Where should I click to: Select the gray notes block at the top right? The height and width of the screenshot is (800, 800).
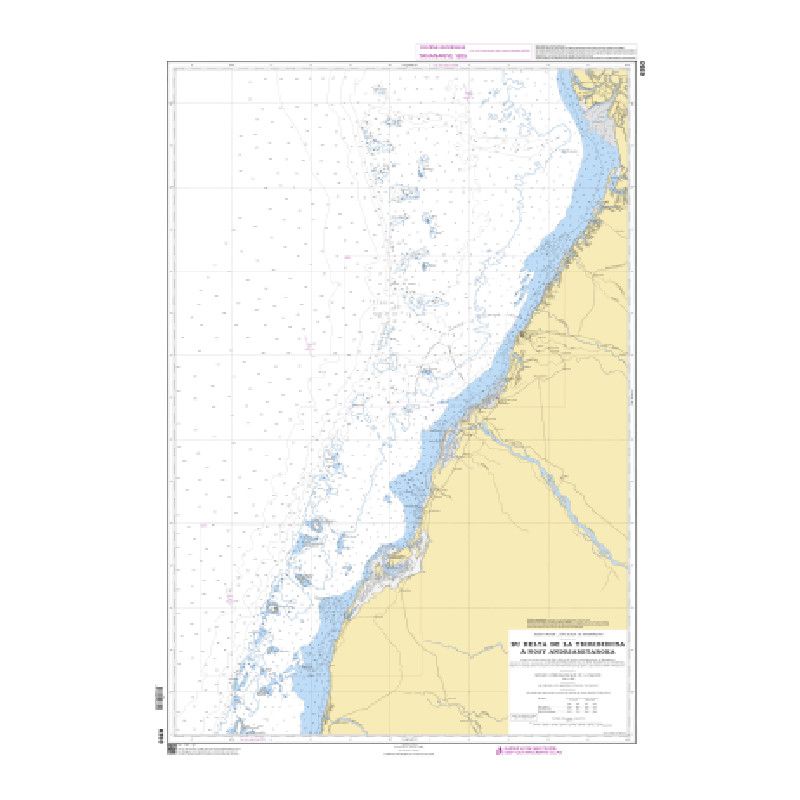pyautogui.click(x=585, y=53)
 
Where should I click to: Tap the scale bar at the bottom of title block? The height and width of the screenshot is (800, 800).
pyautogui.click(x=567, y=727)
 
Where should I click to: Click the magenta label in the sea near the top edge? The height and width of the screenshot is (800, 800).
pyautogui.click(x=467, y=95)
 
